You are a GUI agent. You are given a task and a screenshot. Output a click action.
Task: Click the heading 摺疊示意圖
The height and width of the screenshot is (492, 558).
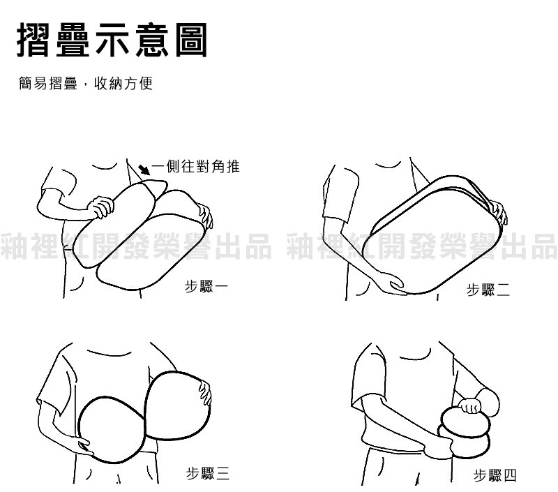112,40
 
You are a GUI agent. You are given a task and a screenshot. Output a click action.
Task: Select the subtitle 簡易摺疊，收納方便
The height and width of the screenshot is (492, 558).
86,84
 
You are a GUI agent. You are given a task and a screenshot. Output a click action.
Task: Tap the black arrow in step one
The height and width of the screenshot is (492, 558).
144,170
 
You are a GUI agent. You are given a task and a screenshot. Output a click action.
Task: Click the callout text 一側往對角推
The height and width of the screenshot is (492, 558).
195,166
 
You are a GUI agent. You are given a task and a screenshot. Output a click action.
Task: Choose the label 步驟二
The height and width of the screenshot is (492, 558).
488,290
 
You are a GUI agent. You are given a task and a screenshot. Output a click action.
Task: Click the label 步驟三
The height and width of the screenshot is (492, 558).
208,473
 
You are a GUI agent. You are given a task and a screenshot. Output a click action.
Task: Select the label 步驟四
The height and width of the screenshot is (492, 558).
495,475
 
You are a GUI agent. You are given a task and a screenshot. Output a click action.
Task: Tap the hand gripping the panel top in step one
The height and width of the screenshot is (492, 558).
100,206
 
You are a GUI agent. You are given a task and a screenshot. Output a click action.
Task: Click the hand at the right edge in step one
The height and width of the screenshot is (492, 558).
205,216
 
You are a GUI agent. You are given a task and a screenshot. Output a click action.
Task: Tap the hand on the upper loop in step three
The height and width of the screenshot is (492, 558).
205,393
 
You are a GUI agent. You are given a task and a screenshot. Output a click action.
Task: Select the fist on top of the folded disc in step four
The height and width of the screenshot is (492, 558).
469,405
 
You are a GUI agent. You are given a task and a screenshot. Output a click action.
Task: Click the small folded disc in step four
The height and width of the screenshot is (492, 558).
465,433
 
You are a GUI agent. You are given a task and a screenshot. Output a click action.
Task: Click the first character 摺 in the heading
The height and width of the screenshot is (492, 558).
33,40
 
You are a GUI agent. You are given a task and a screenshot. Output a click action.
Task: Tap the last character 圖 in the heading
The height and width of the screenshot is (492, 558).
191,40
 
